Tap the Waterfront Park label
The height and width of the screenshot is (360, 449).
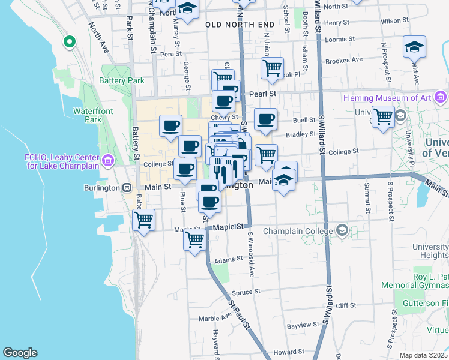[x=88, y=115]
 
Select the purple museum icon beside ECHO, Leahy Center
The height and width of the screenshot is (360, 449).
[x=108, y=160]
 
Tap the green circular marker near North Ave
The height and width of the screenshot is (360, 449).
[x=70, y=42]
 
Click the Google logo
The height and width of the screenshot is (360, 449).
[x=20, y=353]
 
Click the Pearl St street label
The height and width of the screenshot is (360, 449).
[x=262, y=94]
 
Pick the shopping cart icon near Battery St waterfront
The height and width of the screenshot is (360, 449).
[x=143, y=220]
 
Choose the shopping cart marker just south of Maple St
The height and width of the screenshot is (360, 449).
[x=194, y=239]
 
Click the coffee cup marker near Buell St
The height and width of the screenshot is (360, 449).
[x=265, y=119]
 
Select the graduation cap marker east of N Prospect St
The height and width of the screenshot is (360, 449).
[x=414, y=47]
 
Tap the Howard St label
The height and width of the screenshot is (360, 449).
[x=285, y=352]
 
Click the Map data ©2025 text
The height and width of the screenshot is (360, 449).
[x=423, y=355]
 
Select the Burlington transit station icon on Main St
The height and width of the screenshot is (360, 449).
[x=127, y=187]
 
